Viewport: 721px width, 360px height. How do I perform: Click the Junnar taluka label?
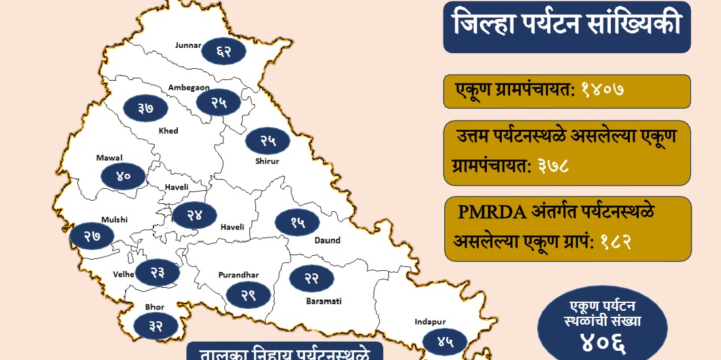click(x=188, y=45)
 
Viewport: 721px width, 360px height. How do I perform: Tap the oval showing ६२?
click(x=224, y=50)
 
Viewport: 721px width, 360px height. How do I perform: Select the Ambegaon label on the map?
click(x=188, y=87)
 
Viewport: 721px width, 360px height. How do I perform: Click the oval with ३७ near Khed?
click(x=146, y=108)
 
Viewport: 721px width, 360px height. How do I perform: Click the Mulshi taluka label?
click(x=114, y=220)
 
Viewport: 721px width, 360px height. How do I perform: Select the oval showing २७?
click(x=92, y=236)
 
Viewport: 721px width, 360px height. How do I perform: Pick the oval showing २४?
click(x=194, y=214)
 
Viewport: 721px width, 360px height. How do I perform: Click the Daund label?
click(x=327, y=240)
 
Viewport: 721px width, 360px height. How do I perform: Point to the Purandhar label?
click(x=239, y=275)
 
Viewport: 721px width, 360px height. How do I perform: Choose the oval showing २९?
click(x=247, y=295)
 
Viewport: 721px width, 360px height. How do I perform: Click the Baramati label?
click(x=323, y=301)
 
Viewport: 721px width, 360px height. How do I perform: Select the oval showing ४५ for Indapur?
click(x=445, y=341)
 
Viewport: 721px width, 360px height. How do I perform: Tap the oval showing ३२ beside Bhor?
click(x=155, y=324)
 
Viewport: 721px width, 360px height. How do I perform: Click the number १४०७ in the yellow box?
click(x=601, y=89)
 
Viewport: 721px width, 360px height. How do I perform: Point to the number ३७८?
click(x=552, y=165)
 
